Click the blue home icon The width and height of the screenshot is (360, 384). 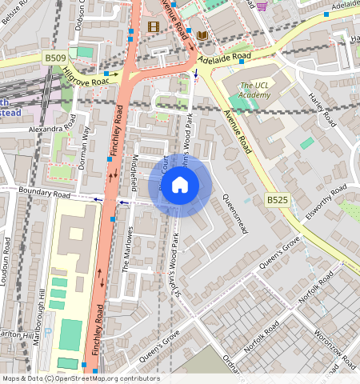[x=180, y=186]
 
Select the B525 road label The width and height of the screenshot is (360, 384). [x=277, y=199]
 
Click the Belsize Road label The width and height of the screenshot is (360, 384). [x=16, y=12]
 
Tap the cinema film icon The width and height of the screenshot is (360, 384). [x=154, y=26]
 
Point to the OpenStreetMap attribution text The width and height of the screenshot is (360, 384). [x=81, y=378]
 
